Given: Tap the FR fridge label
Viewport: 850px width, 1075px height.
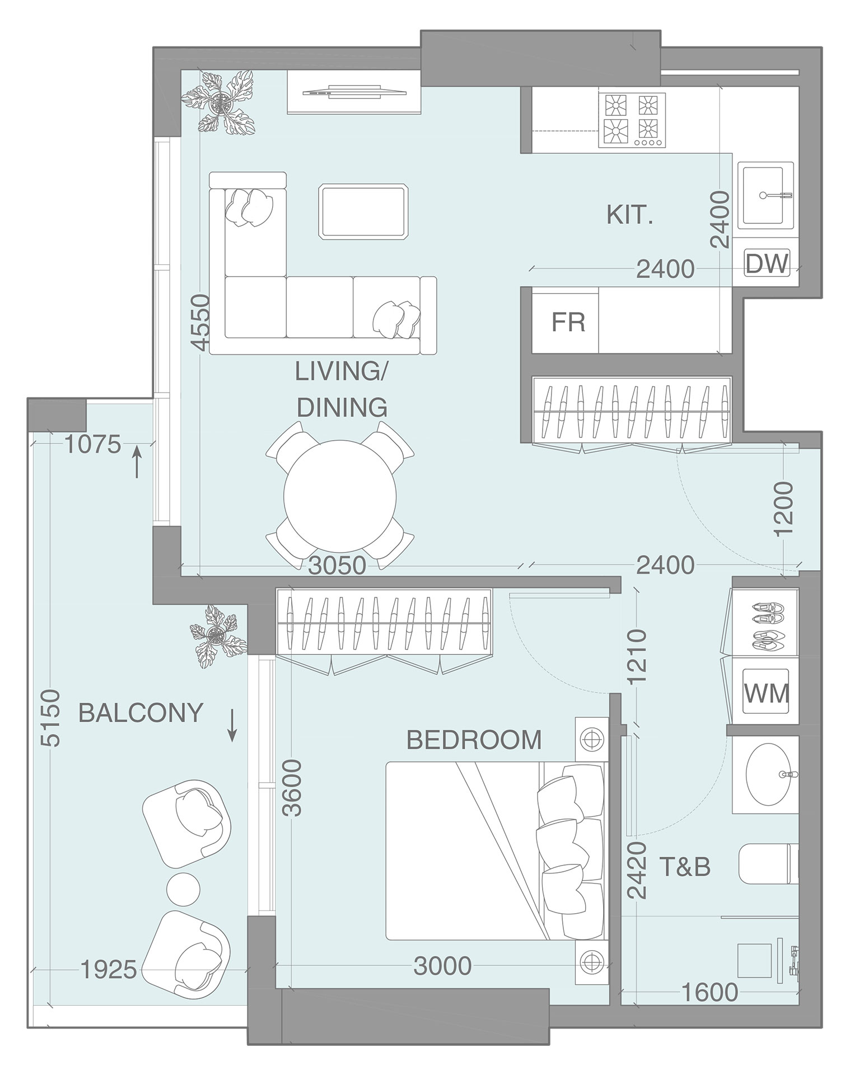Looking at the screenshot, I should point(568,322).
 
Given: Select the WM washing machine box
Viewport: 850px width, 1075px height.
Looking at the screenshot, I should point(765,693).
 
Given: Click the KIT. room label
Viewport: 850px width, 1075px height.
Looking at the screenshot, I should point(629,215).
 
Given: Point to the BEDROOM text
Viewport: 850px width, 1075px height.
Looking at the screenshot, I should point(474,740).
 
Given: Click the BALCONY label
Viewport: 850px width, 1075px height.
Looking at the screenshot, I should point(140,713).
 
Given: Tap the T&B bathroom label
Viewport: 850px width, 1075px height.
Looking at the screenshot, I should point(685,867).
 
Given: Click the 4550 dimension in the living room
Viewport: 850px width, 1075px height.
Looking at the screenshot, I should point(199,323).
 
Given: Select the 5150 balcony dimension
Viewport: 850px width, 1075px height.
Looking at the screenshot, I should point(50,718).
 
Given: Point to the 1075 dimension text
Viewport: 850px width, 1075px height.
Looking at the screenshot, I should point(92,445).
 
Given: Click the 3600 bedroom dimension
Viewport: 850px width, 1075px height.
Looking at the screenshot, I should point(292,788).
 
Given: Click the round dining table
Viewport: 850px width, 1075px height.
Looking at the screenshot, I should point(340,496).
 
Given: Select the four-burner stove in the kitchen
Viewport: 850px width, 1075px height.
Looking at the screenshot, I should point(632,120).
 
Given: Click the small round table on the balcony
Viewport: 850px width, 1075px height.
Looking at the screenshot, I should point(183,888).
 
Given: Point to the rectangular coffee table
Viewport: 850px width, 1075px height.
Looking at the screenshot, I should point(363,212).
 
